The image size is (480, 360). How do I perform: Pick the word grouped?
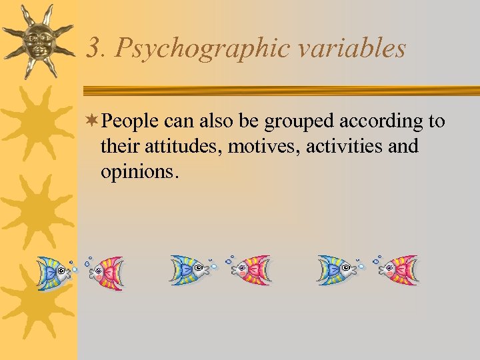301,122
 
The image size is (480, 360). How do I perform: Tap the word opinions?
139,171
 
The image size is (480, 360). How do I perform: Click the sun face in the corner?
39,39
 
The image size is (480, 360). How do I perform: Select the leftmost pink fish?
106,271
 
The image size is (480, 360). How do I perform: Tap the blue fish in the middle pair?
189,270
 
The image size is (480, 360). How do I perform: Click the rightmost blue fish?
337,270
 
